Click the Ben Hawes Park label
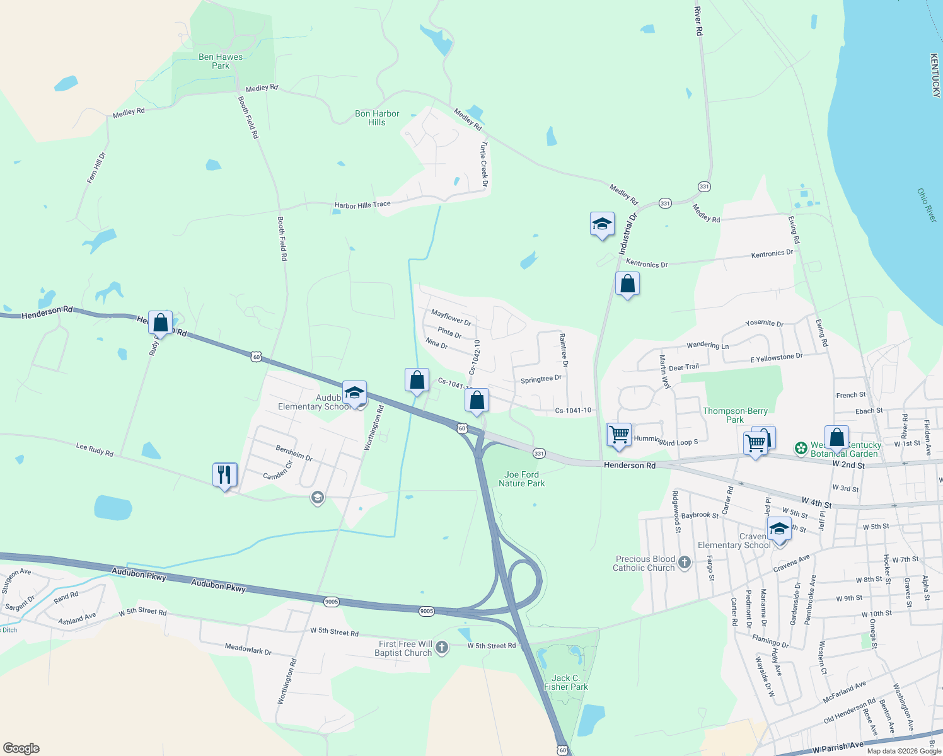(x=220, y=61)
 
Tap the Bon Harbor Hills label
(x=377, y=118)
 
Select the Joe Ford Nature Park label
(x=521, y=479)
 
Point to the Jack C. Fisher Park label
(x=565, y=682)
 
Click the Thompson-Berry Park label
(x=735, y=415)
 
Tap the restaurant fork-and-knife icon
(x=225, y=474)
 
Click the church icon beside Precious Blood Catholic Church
(x=685, y=562)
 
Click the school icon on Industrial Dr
(x=602, y=224)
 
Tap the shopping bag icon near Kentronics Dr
(x=627, y=283)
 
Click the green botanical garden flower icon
(x=801, y=449)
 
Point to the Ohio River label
(x=927, y=205)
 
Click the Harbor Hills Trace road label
(x=362, y=205)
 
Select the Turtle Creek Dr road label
(x=483, y=164)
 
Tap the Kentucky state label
(x=935, y=75)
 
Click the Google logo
(x=21, y=748)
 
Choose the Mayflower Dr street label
(x=451, y=317)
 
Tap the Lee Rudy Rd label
(x=95, y=449)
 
